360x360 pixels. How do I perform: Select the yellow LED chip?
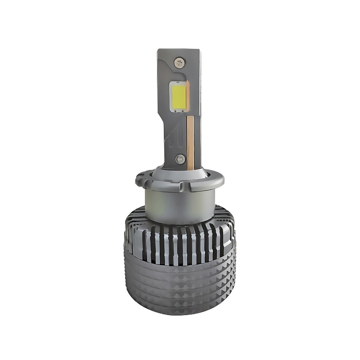click(x=179, y=96)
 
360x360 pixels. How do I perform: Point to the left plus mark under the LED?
click(x=175, y=111)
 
